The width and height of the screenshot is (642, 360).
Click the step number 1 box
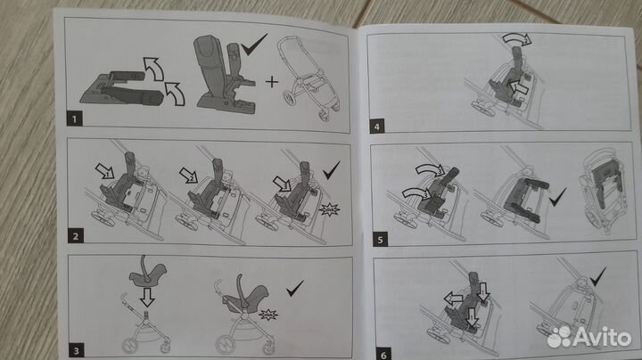77,116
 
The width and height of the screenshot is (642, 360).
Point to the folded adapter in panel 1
118,86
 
